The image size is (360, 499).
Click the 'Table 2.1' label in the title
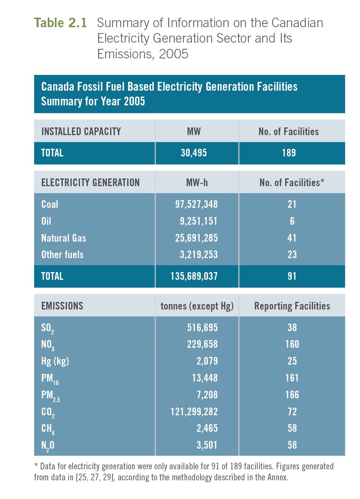(61, 23)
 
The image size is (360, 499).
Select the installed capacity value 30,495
(194, 153)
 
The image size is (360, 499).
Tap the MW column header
(194, 131)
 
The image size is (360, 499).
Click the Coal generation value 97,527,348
(196, 204)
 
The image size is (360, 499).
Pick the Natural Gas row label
(63, 238)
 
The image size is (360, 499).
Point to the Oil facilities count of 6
(292, 221)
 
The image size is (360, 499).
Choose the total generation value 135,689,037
(194, 276)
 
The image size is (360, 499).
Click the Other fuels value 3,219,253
(199, 254)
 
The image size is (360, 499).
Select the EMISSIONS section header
(62, 306)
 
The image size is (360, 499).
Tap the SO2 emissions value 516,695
(202, 328)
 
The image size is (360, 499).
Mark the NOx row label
(48, 345)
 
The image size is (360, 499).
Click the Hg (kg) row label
(55, 361)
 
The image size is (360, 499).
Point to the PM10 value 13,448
(205, 378)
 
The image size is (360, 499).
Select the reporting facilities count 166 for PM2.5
(292, 395)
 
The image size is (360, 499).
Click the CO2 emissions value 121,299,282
(194, 412)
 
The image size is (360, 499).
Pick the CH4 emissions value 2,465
(207, 428)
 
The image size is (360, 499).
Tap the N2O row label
(48, 445)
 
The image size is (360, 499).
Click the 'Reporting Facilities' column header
(292, 306)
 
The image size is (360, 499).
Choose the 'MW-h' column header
(197, 182)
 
